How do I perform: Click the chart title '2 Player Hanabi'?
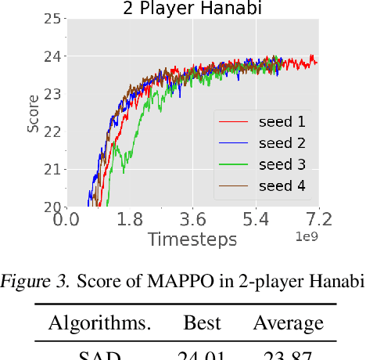click(192, 9)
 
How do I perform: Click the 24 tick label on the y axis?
click(53, 56)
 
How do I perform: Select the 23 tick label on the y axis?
click(53, 94)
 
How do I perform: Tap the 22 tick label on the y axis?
click(53, 131)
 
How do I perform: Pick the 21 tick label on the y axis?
click(53, 169)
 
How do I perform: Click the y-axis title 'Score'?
click(34, 113)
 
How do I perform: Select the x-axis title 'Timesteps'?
click(192, 239)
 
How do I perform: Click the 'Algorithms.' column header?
click(100, 323)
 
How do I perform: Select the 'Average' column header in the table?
click(288, 323)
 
